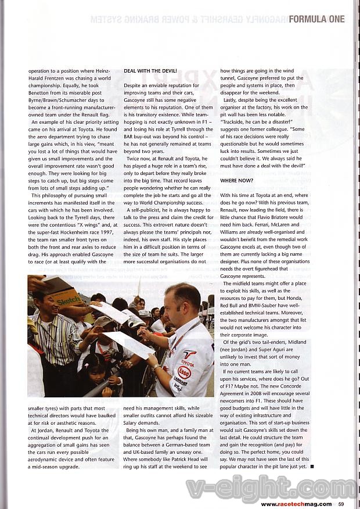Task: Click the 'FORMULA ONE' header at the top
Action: (316, 19)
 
